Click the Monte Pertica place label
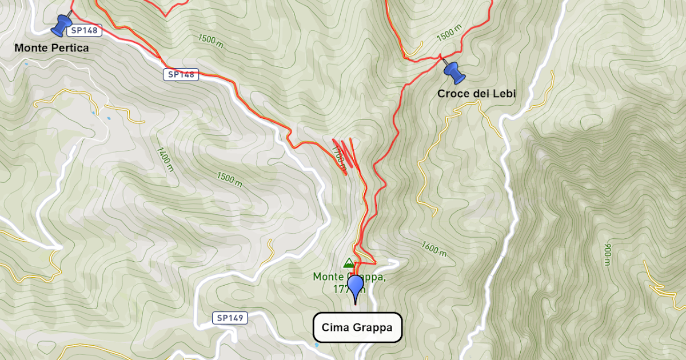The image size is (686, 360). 51,48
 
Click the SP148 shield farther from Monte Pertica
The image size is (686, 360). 181,74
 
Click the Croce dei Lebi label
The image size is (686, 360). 476,94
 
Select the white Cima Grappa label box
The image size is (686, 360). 357,327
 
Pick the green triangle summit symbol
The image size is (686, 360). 348,263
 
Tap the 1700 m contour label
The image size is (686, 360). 338,158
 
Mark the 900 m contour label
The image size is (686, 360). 607,254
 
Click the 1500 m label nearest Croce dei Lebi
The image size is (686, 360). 449,35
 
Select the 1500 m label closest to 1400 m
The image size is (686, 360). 229,179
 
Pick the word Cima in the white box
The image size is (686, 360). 335,327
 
